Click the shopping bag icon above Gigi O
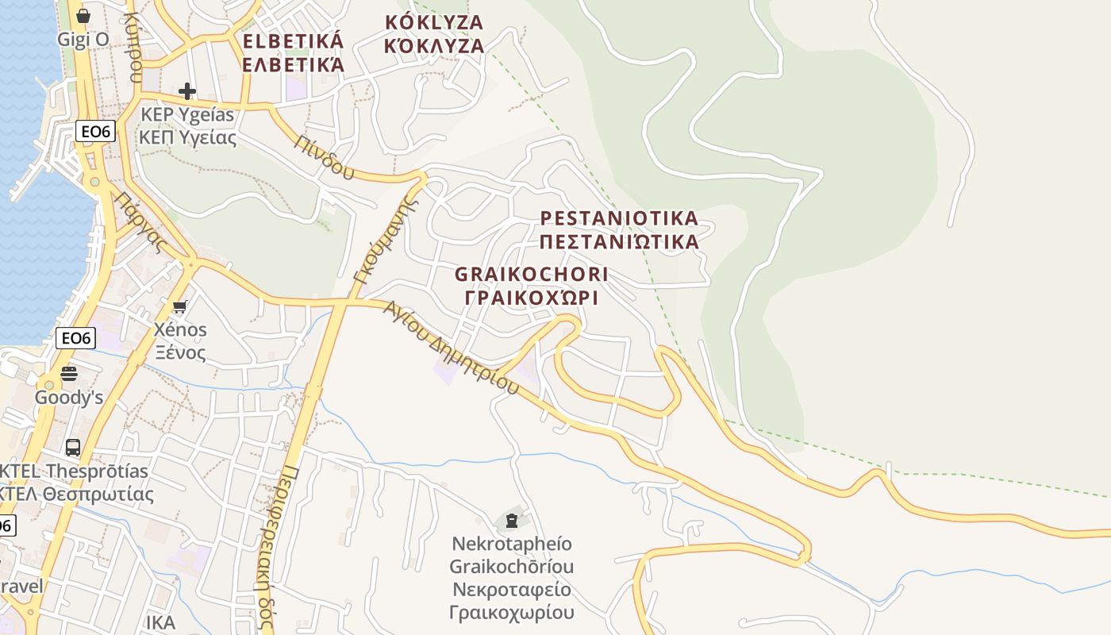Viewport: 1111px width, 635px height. (x=83, y=16)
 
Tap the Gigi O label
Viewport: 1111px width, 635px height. (x=83, y=39)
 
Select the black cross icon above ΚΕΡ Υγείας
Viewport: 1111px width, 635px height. (x=187, y=91)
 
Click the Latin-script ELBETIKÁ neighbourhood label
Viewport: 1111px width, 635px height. (x=294, y=41)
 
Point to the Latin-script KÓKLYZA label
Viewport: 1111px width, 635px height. (x=433, y=22)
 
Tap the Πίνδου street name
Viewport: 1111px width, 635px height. (x=323, y=156)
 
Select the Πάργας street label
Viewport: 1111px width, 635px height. (x=142, y=221)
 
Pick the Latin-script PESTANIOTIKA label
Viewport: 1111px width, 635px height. (x=619, y=218)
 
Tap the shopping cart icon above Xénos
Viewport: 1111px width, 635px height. (x=180, y=307)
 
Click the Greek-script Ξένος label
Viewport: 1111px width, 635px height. (x=180, y=352)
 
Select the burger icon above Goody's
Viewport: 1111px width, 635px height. (x=70, y=373)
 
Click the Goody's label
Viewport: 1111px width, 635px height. (x=69, y=397)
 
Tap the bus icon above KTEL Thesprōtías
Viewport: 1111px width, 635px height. (x=73, y=448)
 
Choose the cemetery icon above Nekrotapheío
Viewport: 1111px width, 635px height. (x=512, y=521)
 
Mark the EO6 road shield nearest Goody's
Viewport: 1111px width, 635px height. (x=77, y=339)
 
